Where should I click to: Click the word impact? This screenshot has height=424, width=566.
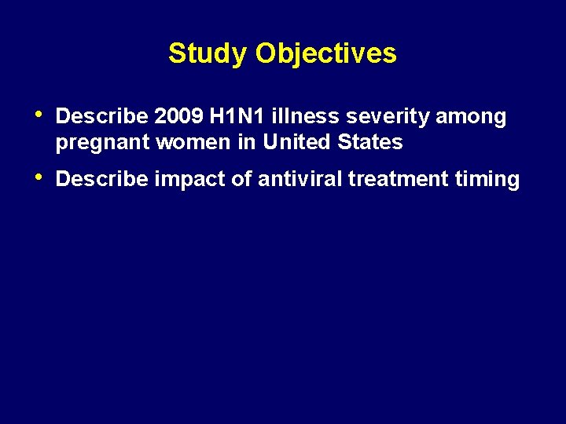(189, 180)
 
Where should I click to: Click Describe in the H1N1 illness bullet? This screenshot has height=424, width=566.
(102, 117)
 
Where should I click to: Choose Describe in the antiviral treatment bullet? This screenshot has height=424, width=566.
(102, 180)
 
